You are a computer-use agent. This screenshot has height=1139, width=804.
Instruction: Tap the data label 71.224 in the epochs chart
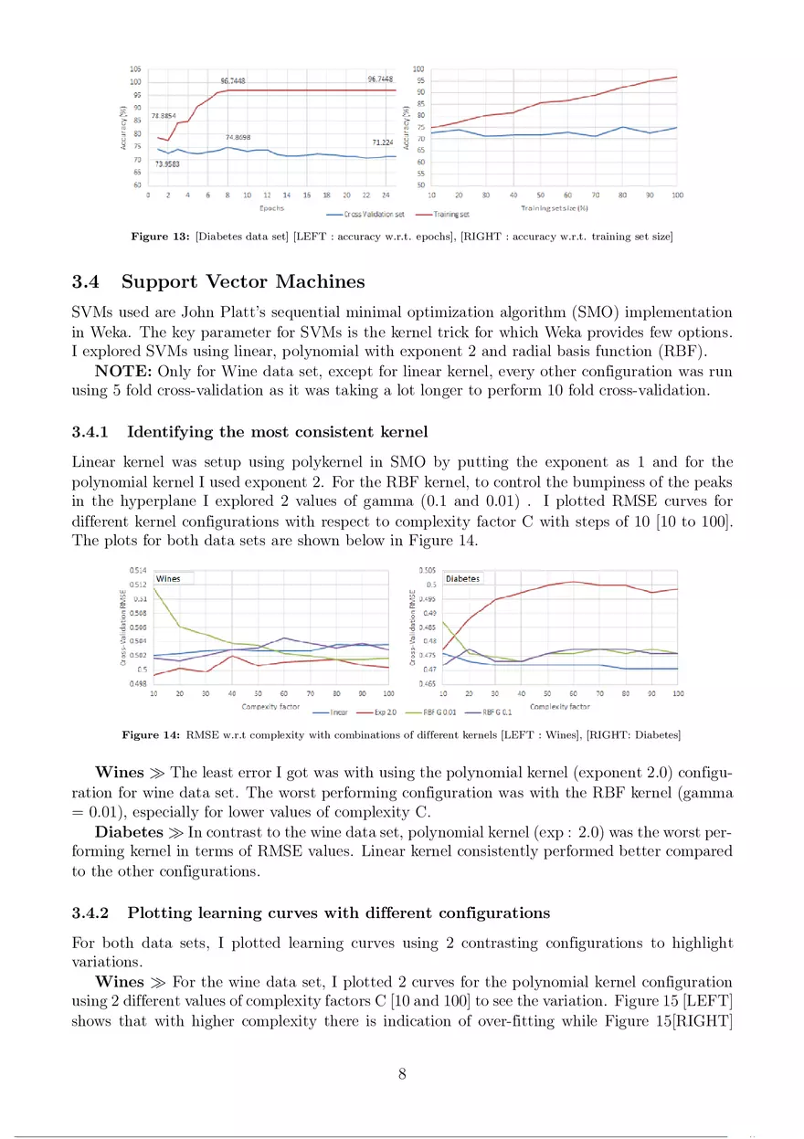coord(382,142)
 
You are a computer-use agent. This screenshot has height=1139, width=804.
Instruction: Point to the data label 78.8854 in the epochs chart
coord(164,116)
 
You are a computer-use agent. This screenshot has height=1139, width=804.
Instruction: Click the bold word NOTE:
coord(123,373)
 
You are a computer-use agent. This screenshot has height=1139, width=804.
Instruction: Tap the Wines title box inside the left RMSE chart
coord(168,578)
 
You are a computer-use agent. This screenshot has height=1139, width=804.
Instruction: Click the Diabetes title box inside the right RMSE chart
coord(462,578)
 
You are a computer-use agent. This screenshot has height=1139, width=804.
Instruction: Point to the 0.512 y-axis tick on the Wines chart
coord(138,584)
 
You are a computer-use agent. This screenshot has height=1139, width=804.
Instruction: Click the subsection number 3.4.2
coord(92,912)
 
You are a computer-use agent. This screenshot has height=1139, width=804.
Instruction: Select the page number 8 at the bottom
coord(402,1073)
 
